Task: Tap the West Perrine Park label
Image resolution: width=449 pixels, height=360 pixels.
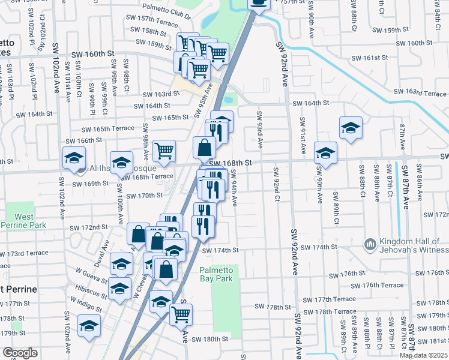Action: tap(20, 220)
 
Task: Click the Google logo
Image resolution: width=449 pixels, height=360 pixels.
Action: tap(20, 353)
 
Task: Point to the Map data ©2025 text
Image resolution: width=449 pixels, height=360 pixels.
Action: tap(424, 355)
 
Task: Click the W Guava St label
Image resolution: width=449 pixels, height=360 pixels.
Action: tap(91, 275)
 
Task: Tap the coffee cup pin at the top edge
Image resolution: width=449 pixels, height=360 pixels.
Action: tap(258, 3)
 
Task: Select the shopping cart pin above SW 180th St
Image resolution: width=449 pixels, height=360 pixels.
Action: tap(181, 313)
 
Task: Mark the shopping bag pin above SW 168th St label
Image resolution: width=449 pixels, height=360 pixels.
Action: tap(205, 147)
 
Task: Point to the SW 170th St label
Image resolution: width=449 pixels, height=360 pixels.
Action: tap(142, 196)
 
